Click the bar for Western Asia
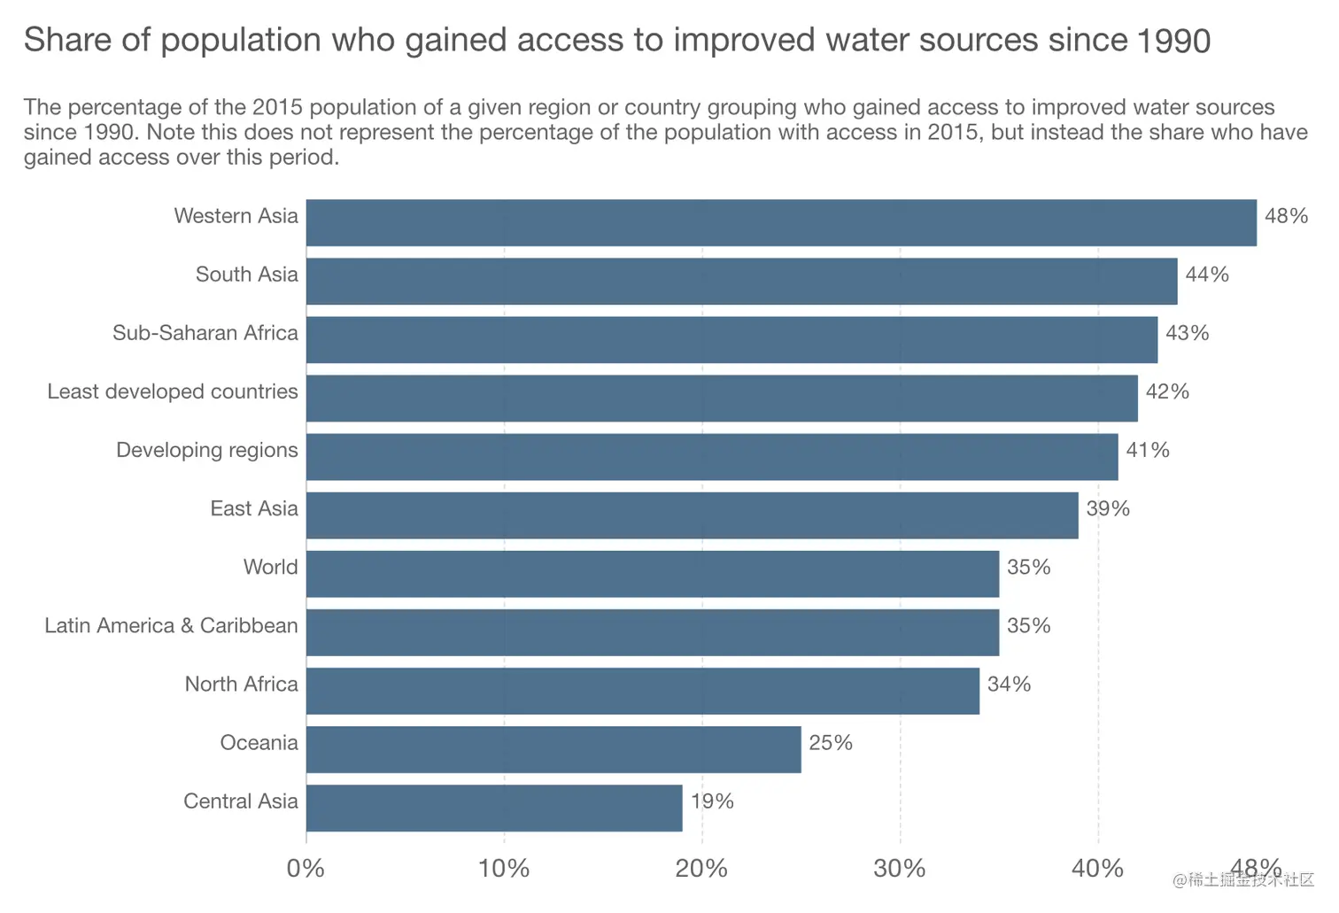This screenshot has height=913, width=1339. (781, 222)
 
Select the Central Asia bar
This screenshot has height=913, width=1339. (494, 808)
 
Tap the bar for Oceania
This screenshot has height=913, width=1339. (553, 749)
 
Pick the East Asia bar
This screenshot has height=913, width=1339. (693, 515)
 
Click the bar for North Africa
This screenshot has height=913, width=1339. (643, 691)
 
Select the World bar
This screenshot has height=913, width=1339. (653, 574)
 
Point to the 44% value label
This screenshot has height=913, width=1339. (1207, 275)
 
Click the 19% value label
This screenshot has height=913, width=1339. (712, 801)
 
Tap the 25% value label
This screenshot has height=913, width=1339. (831, 743)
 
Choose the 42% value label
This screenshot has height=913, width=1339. (1167, 391)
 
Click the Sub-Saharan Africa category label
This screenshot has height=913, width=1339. (205, 333)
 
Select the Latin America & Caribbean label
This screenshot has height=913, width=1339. (171, 626)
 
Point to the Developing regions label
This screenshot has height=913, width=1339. (207, 450)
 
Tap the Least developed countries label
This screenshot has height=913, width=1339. (173, 391)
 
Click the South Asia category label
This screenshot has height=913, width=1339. (247, 275)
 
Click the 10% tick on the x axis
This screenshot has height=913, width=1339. (504, 869)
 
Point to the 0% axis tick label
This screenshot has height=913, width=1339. (306, 869)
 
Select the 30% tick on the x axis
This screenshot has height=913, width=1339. (900, 869)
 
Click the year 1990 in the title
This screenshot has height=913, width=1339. (1173, 41)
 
